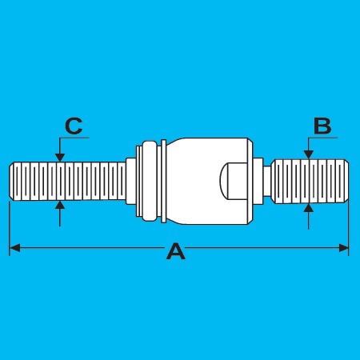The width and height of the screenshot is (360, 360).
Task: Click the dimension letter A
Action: [x=176, y=251]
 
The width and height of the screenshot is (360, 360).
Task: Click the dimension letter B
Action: [x=322, y=126]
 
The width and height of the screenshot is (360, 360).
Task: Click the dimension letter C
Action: [x=74, y=126]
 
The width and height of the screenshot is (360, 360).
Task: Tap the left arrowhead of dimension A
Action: [x=14, y=248]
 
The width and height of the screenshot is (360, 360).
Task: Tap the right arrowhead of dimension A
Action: [x=343, y=248]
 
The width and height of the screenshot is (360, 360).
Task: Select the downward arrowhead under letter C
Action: [x=60, y=158]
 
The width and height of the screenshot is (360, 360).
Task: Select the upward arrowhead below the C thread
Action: [x=60, y=205]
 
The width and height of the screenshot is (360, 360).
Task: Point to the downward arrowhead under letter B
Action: [x=309, y=154]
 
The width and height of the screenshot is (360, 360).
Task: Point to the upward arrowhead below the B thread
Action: [x=309, y=208]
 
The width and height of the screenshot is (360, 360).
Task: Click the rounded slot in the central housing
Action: [x=234, y=181]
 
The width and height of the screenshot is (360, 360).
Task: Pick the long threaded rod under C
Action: [x=67, y=181]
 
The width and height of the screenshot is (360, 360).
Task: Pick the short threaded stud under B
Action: [x=310, y=181]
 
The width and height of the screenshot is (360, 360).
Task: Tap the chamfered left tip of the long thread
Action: [x=11, y=181]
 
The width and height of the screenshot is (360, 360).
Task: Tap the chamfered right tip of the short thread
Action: [x=346, y=181]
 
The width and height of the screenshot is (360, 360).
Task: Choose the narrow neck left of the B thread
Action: [x=267, y=181]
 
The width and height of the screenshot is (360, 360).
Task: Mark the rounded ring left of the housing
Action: [x=149, y=181]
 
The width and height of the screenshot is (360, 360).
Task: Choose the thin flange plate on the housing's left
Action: [x=164, y=181]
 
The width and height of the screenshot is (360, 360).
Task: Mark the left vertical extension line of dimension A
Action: [x=10, y=228]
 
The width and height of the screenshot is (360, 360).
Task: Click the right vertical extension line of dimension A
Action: [x=349, y=228]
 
